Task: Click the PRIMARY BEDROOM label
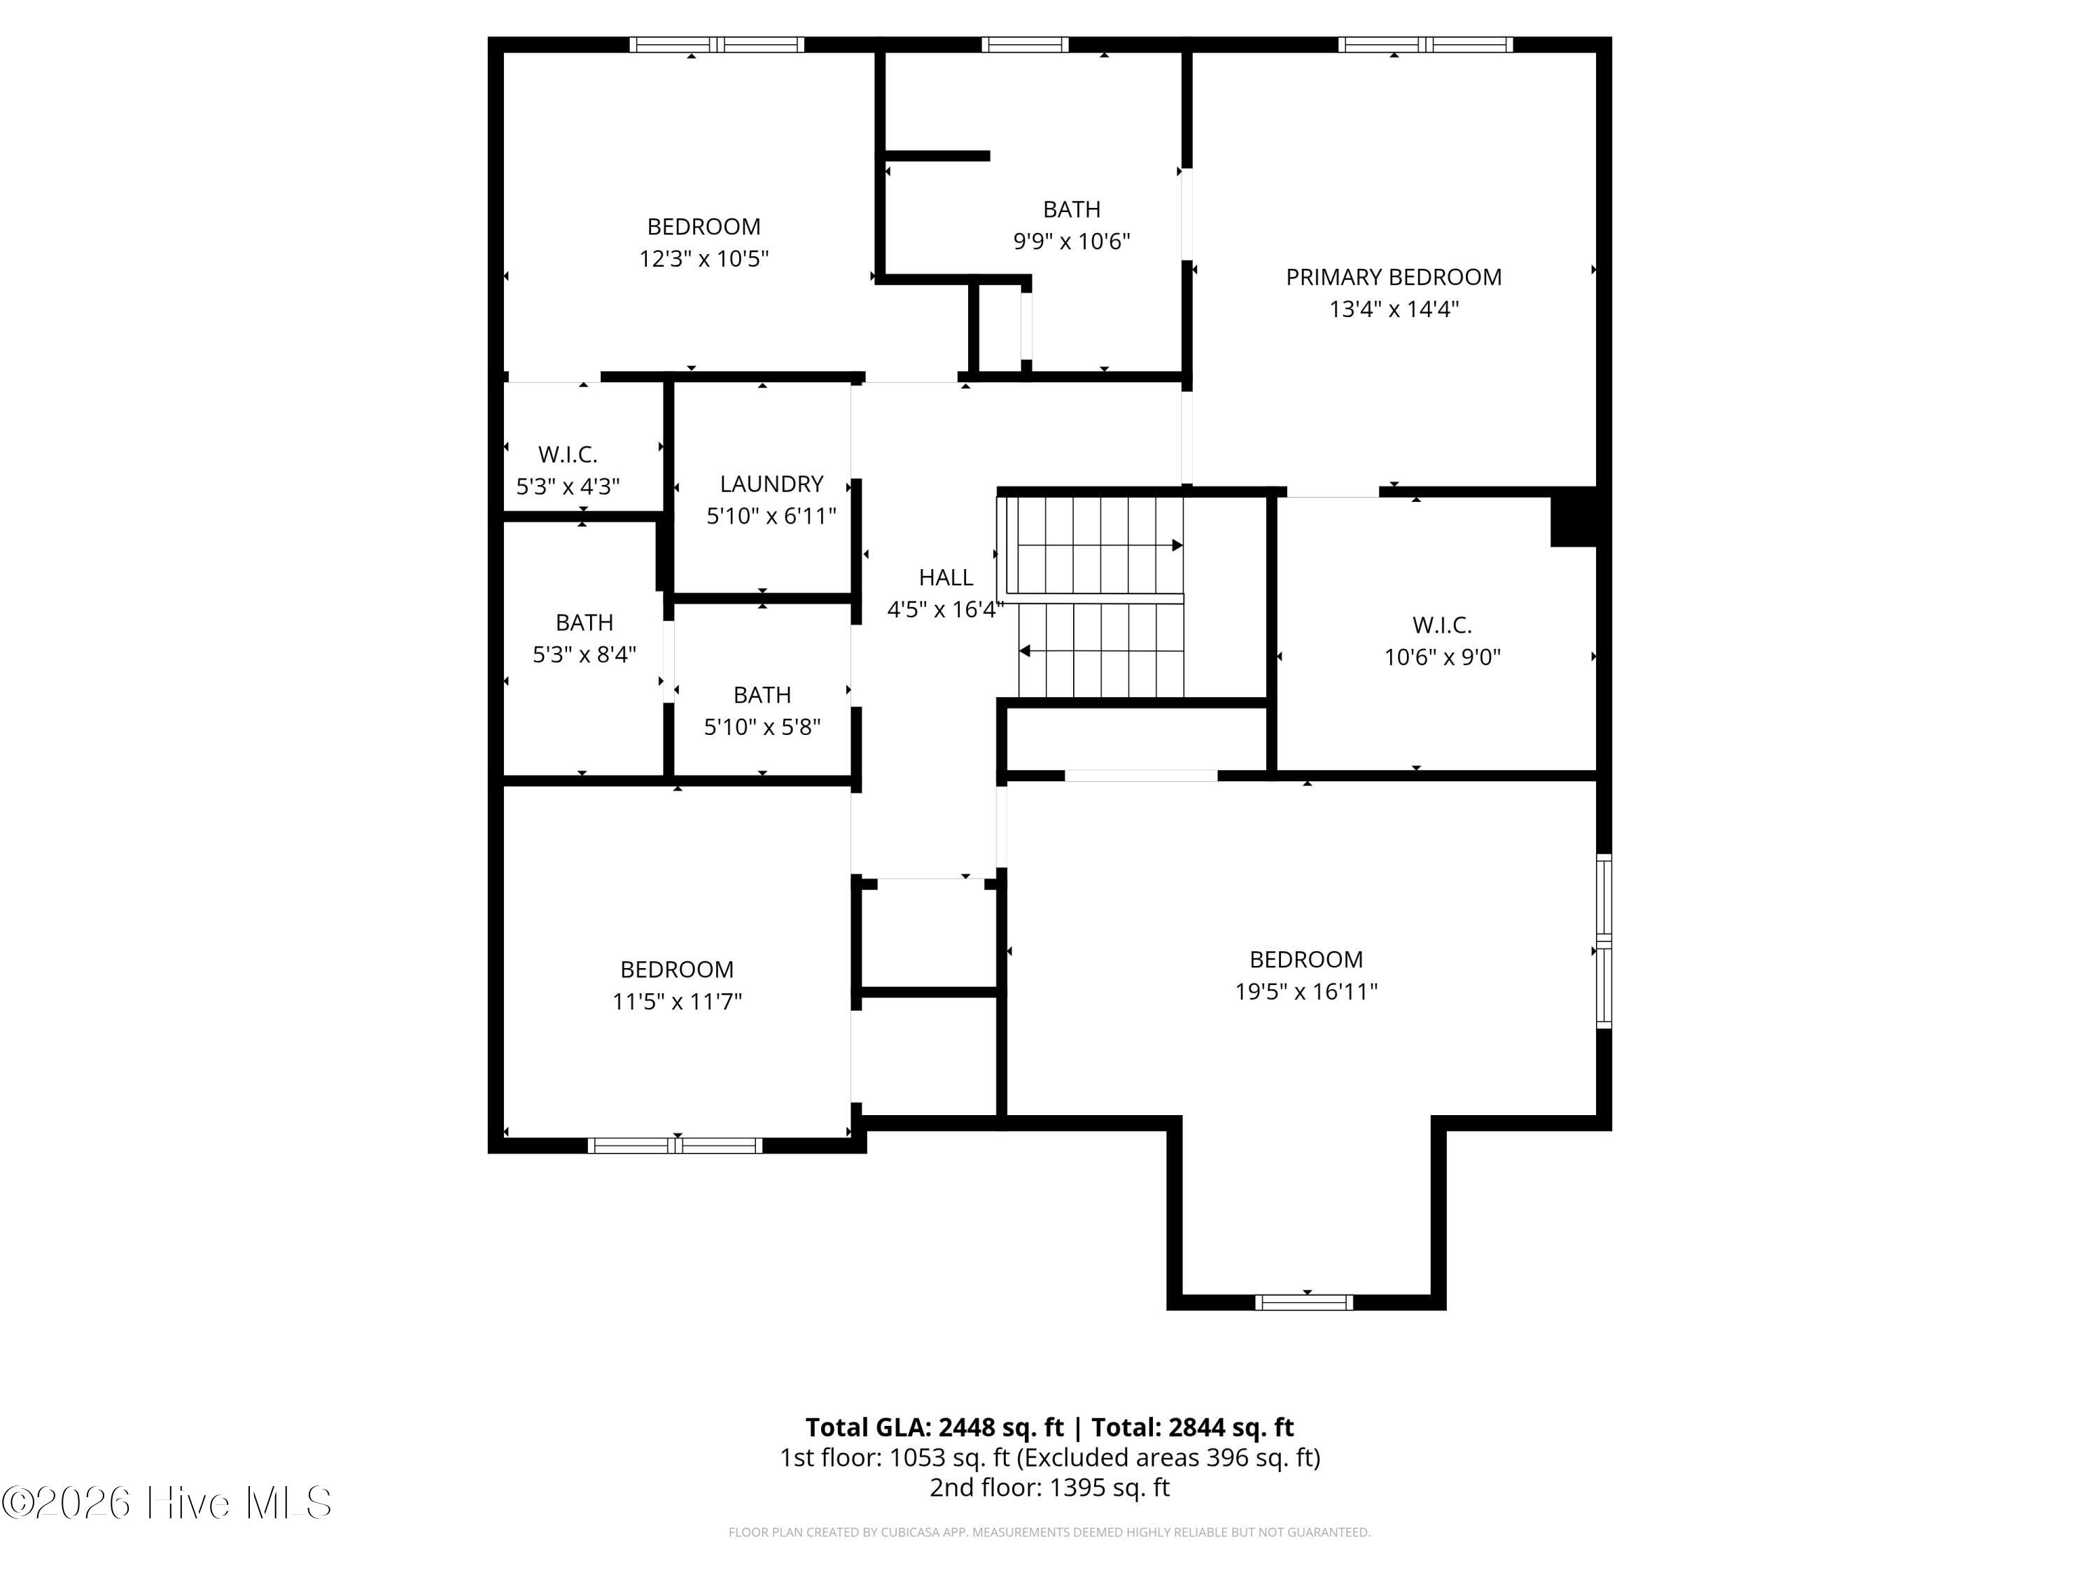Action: [x=1393, y=277]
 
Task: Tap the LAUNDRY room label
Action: [x=771, y=484]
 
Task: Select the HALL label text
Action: [x=946, y=577]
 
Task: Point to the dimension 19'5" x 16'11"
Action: [x=1305, y=991]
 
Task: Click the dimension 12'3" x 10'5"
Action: [x=703, y=258]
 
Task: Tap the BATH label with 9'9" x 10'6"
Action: [x=1071, y=209]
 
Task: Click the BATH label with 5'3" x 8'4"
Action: [x=584, y=623]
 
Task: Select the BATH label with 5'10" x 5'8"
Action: [x=762, y=695]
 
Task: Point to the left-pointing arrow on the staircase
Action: [x=1025, y=651]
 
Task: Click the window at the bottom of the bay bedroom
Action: [x=1303, y=1303]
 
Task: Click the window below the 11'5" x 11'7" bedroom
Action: [x=675, y=1146]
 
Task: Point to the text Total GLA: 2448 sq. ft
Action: [x=934, y=1427]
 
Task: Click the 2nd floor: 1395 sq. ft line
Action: [x=1049, y=1487]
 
